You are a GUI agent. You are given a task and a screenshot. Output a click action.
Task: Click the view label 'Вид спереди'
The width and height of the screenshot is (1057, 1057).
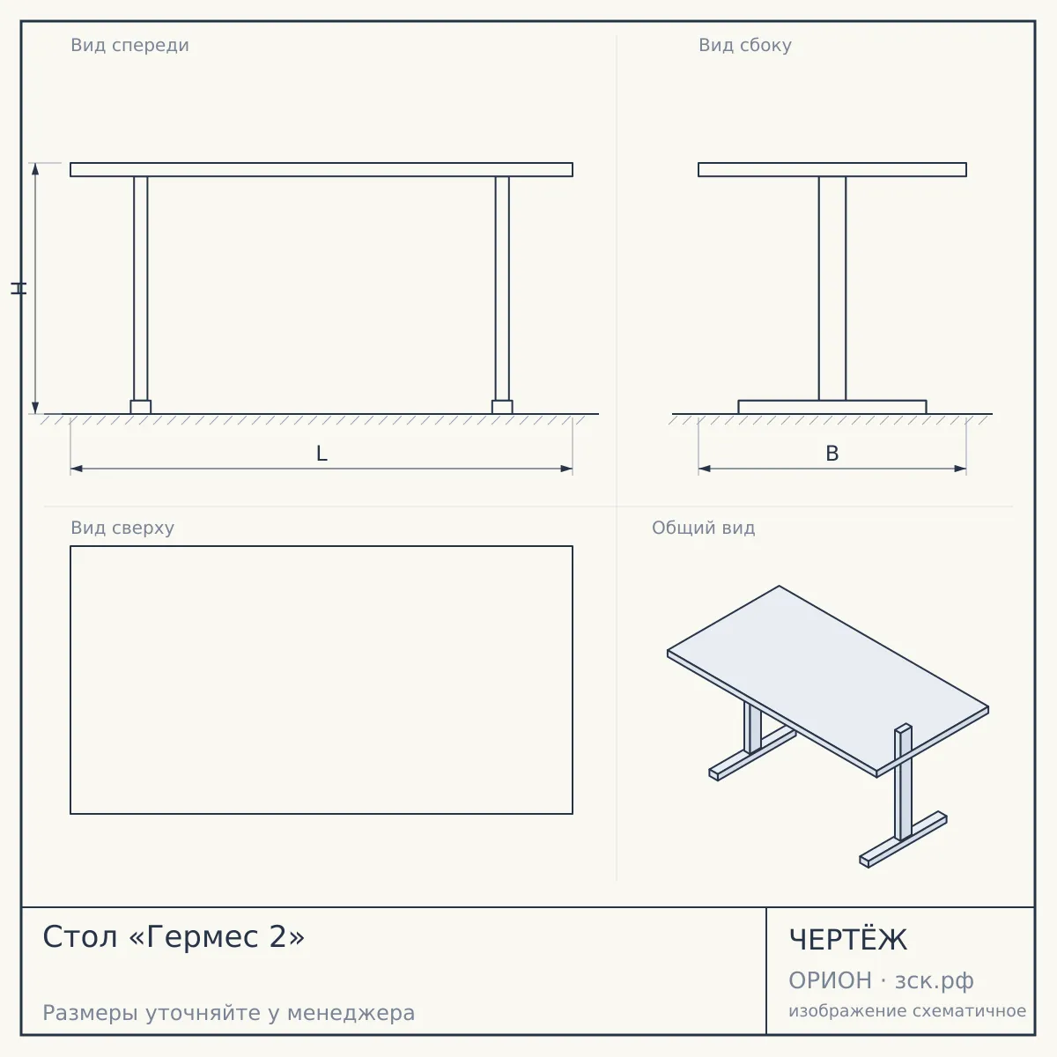[129, 45]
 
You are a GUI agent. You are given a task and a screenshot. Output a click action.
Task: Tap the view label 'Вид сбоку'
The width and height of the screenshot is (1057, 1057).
[745, 45]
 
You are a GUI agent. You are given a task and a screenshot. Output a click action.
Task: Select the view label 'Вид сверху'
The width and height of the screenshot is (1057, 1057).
[122, 528]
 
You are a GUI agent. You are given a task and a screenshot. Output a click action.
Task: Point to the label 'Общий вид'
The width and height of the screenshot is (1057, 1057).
[703, 528]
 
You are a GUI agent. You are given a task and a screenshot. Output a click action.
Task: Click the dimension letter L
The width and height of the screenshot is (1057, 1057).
[322, 454]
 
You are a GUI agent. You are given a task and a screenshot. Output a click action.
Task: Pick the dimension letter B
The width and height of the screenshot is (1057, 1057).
[832, 454]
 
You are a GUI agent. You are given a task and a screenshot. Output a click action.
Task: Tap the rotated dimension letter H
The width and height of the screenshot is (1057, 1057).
[18, 288]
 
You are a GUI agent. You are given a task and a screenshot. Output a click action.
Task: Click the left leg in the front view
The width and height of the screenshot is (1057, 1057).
[140, 289]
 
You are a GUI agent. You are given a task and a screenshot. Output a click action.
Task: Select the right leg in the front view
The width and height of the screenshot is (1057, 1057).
[502, 289]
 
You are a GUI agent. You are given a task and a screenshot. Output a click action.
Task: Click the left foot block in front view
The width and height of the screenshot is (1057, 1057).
[140, 407]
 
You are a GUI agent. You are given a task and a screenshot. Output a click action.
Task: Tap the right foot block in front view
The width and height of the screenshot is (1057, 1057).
[502, 407]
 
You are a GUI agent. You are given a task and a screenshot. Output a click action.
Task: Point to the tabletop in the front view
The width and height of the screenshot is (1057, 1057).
[322, 169]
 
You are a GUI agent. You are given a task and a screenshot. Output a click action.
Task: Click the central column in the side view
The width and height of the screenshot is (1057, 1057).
[832, 289]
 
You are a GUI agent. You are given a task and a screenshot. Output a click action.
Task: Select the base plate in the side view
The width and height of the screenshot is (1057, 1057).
[832, 407]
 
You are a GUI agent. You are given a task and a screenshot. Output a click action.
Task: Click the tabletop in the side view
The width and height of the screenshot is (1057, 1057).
[832, 169]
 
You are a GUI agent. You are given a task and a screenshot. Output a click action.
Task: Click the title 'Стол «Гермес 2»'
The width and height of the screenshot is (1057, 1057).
[174, 936]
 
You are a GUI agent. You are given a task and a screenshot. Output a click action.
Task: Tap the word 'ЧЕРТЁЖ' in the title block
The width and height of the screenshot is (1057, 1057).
[848, 940]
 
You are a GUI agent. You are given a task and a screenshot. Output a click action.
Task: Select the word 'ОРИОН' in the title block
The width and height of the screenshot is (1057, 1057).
[830, 980]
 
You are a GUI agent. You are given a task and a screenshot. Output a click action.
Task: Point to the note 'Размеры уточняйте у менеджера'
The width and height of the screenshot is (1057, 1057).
[229, 1013]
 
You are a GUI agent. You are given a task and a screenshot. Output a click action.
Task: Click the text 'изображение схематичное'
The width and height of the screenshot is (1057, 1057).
[907, 1010]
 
